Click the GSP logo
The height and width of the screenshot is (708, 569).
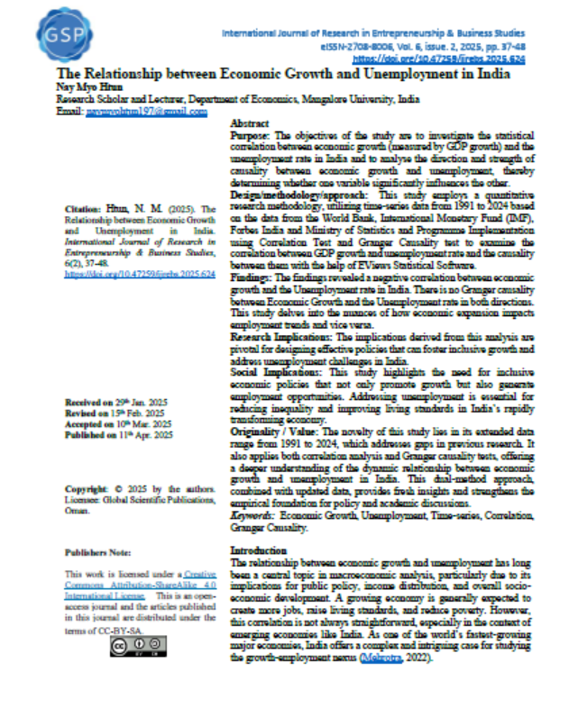click(x=55, y=34)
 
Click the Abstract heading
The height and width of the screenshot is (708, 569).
click(x=249, y=122)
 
